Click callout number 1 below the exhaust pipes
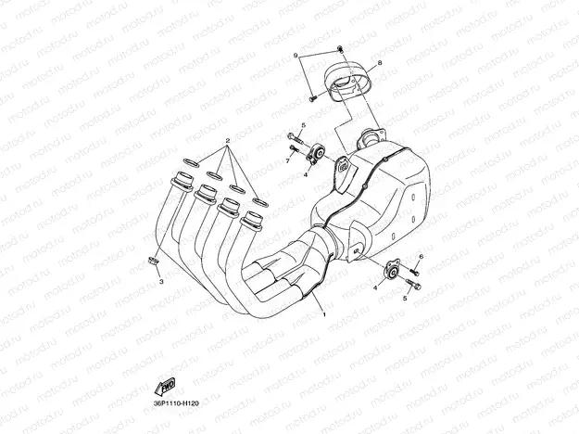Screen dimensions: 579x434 [x=324, y=315]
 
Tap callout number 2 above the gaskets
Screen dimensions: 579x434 [x=225, y=142]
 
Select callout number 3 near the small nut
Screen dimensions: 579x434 [x=160, y=279]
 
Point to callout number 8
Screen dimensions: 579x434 [x=379, y=62]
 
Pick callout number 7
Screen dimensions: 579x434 [x=288, y=160]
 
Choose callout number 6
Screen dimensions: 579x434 [x=421, y=256]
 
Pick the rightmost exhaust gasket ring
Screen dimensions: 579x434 [x=260, y=201]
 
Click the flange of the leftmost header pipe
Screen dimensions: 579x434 [x=182, y=177]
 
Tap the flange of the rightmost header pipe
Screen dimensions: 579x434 [x=250, y=222]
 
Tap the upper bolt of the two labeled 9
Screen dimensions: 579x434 [x=340, y=47]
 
